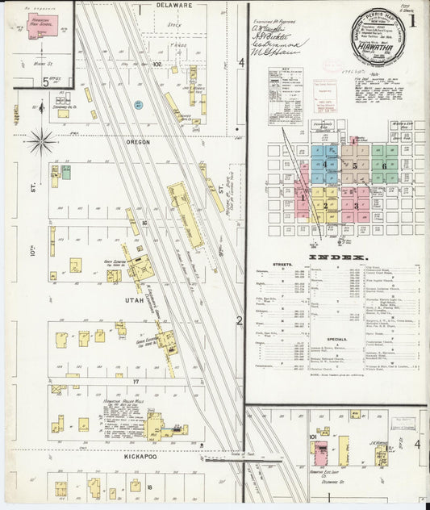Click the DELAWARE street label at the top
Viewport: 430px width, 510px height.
tap(173, 5)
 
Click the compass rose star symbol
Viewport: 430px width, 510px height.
tap(40, 143)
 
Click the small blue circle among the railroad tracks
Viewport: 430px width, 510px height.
tap(138, 105)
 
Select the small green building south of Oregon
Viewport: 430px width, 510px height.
tap(66, 171)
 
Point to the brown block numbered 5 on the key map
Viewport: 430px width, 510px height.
tap(355, 165)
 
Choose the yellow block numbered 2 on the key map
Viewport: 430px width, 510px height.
tap(325, 205)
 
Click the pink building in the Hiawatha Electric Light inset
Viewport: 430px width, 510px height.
tap(320, 448)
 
